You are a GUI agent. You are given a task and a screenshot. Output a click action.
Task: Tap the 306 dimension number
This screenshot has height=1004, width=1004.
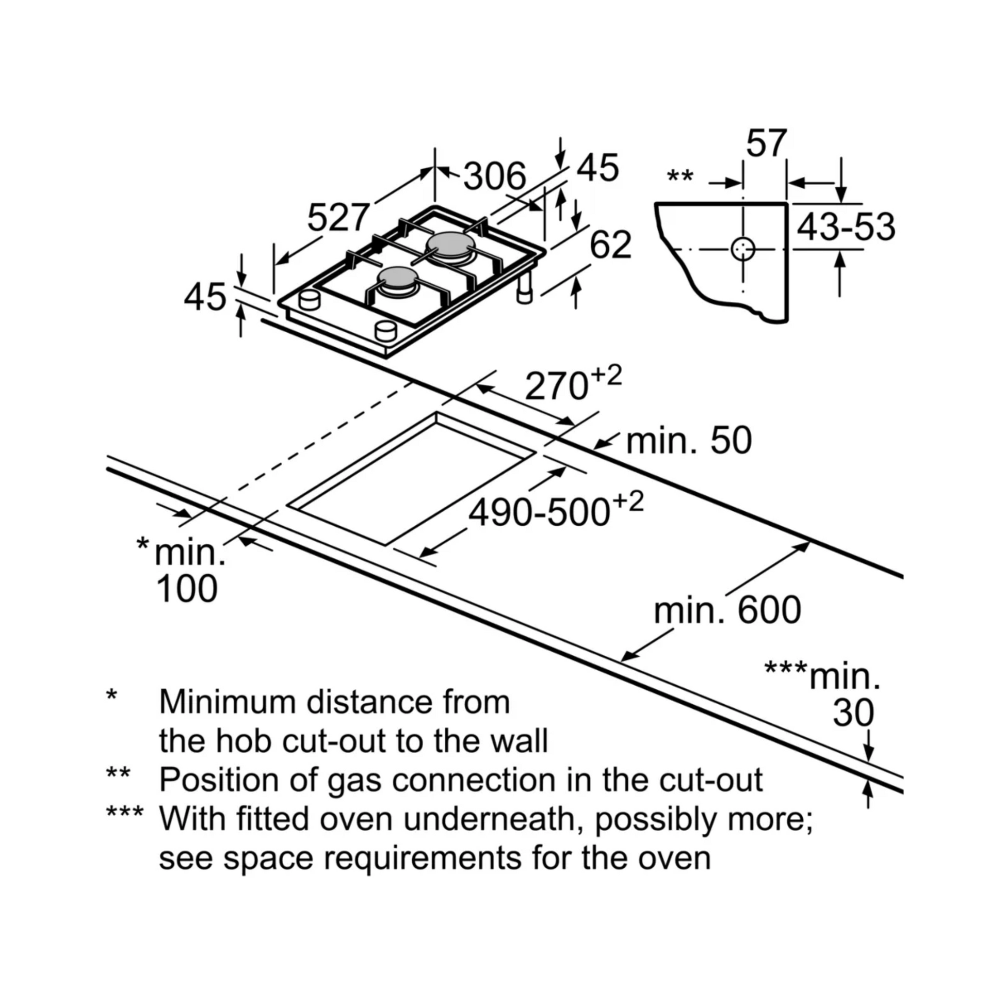click(494, 176)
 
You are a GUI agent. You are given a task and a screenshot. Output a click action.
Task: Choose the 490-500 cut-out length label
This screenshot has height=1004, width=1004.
click(540, 513)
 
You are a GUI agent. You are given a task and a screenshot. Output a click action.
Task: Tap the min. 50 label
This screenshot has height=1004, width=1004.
click(689, 441)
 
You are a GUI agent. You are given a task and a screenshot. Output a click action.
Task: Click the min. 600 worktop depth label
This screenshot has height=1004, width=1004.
click(727, 611)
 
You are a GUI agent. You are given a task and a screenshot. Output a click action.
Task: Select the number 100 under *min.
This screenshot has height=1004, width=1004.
click(187, 589)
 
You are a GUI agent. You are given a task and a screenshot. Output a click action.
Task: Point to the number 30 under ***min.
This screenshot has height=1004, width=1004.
click(853, 712)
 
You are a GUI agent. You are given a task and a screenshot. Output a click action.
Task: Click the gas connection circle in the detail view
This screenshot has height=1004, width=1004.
click(742, 249)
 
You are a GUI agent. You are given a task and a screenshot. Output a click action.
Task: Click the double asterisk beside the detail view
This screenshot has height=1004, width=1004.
click(679, 176)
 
